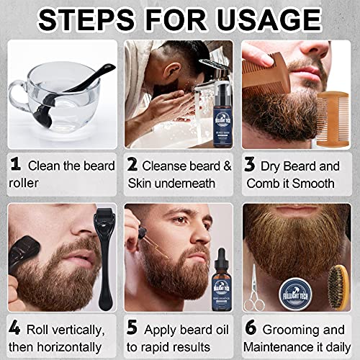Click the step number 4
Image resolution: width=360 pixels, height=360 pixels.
[x=15, y=330]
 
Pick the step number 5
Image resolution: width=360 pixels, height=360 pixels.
[x=132, y=330]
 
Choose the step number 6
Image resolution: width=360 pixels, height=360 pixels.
[x=250, y=330]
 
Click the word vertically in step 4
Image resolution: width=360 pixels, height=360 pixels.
[x=77, y=330]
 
